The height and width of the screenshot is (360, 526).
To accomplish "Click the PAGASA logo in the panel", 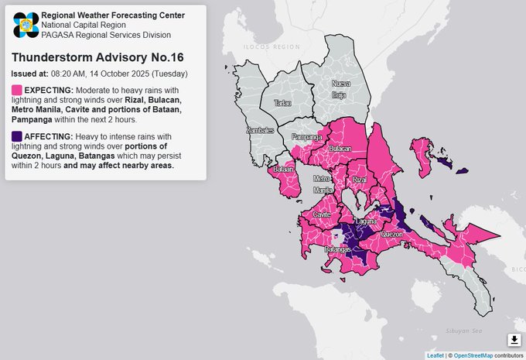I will pyautogui.click(x=25, y=25).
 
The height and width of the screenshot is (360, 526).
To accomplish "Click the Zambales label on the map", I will pyautogui.click(x=260, y=131).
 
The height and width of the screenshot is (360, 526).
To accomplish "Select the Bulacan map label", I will pyautogui.click(x=340, y=147).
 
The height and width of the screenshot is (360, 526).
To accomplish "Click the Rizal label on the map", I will pyautogui.click(x=359, y=180).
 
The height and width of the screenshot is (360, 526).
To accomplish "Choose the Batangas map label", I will pyautogui.click(x=337, y=249).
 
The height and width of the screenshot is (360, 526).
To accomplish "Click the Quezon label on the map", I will pyautogui.click(x=391, y=233).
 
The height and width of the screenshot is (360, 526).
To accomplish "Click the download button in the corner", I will pyautogui.click(x=514, y=340).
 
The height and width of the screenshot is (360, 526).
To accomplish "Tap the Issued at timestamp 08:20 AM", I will pyautogui.click(x=94, y=74).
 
